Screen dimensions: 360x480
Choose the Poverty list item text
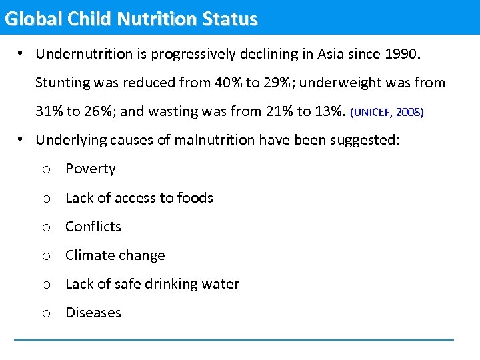(90, 169)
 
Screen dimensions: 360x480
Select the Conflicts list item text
(93, 227)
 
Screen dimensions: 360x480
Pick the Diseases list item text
(93, 313)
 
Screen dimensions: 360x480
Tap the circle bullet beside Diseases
(45, 314)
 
